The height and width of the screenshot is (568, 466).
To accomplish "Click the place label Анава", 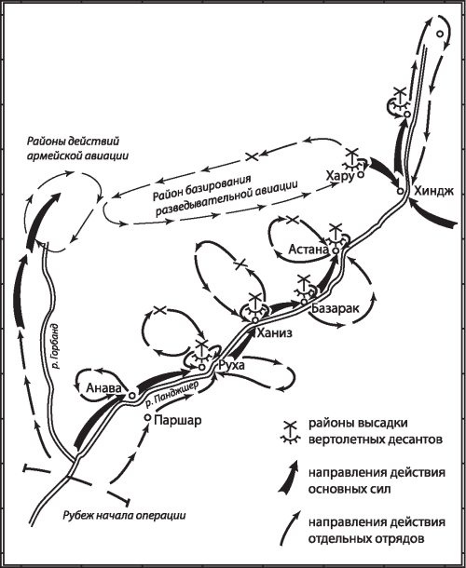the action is (x=103, y=388).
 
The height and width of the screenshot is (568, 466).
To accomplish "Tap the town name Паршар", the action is (x=178, y=420).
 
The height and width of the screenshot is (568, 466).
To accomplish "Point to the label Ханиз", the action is (x=274, y=333).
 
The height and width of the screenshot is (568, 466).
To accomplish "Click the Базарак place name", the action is (x=336, y=308).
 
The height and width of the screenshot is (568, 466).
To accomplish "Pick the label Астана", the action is (x=308, y=250).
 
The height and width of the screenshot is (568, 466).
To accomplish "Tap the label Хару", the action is (x=339, y=177).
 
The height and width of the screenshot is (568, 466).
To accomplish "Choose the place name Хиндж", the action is (x=433, y=191).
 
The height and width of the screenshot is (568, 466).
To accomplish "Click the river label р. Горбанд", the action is (x=55, y=346).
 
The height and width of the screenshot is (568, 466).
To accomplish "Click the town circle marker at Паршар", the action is (x=147, y=418).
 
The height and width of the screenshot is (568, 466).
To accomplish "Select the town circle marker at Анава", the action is (x=131, y=395).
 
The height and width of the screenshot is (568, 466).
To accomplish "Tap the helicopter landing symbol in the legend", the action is (x=291, y=432).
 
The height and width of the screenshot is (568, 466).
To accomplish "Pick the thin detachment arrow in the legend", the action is (x=290, y=528).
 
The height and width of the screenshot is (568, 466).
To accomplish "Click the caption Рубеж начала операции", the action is (x=124, y=515).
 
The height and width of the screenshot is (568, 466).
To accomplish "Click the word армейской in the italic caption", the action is (x=53, y=156).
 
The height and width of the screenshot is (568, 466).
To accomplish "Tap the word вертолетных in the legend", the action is (x=341, y=440).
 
